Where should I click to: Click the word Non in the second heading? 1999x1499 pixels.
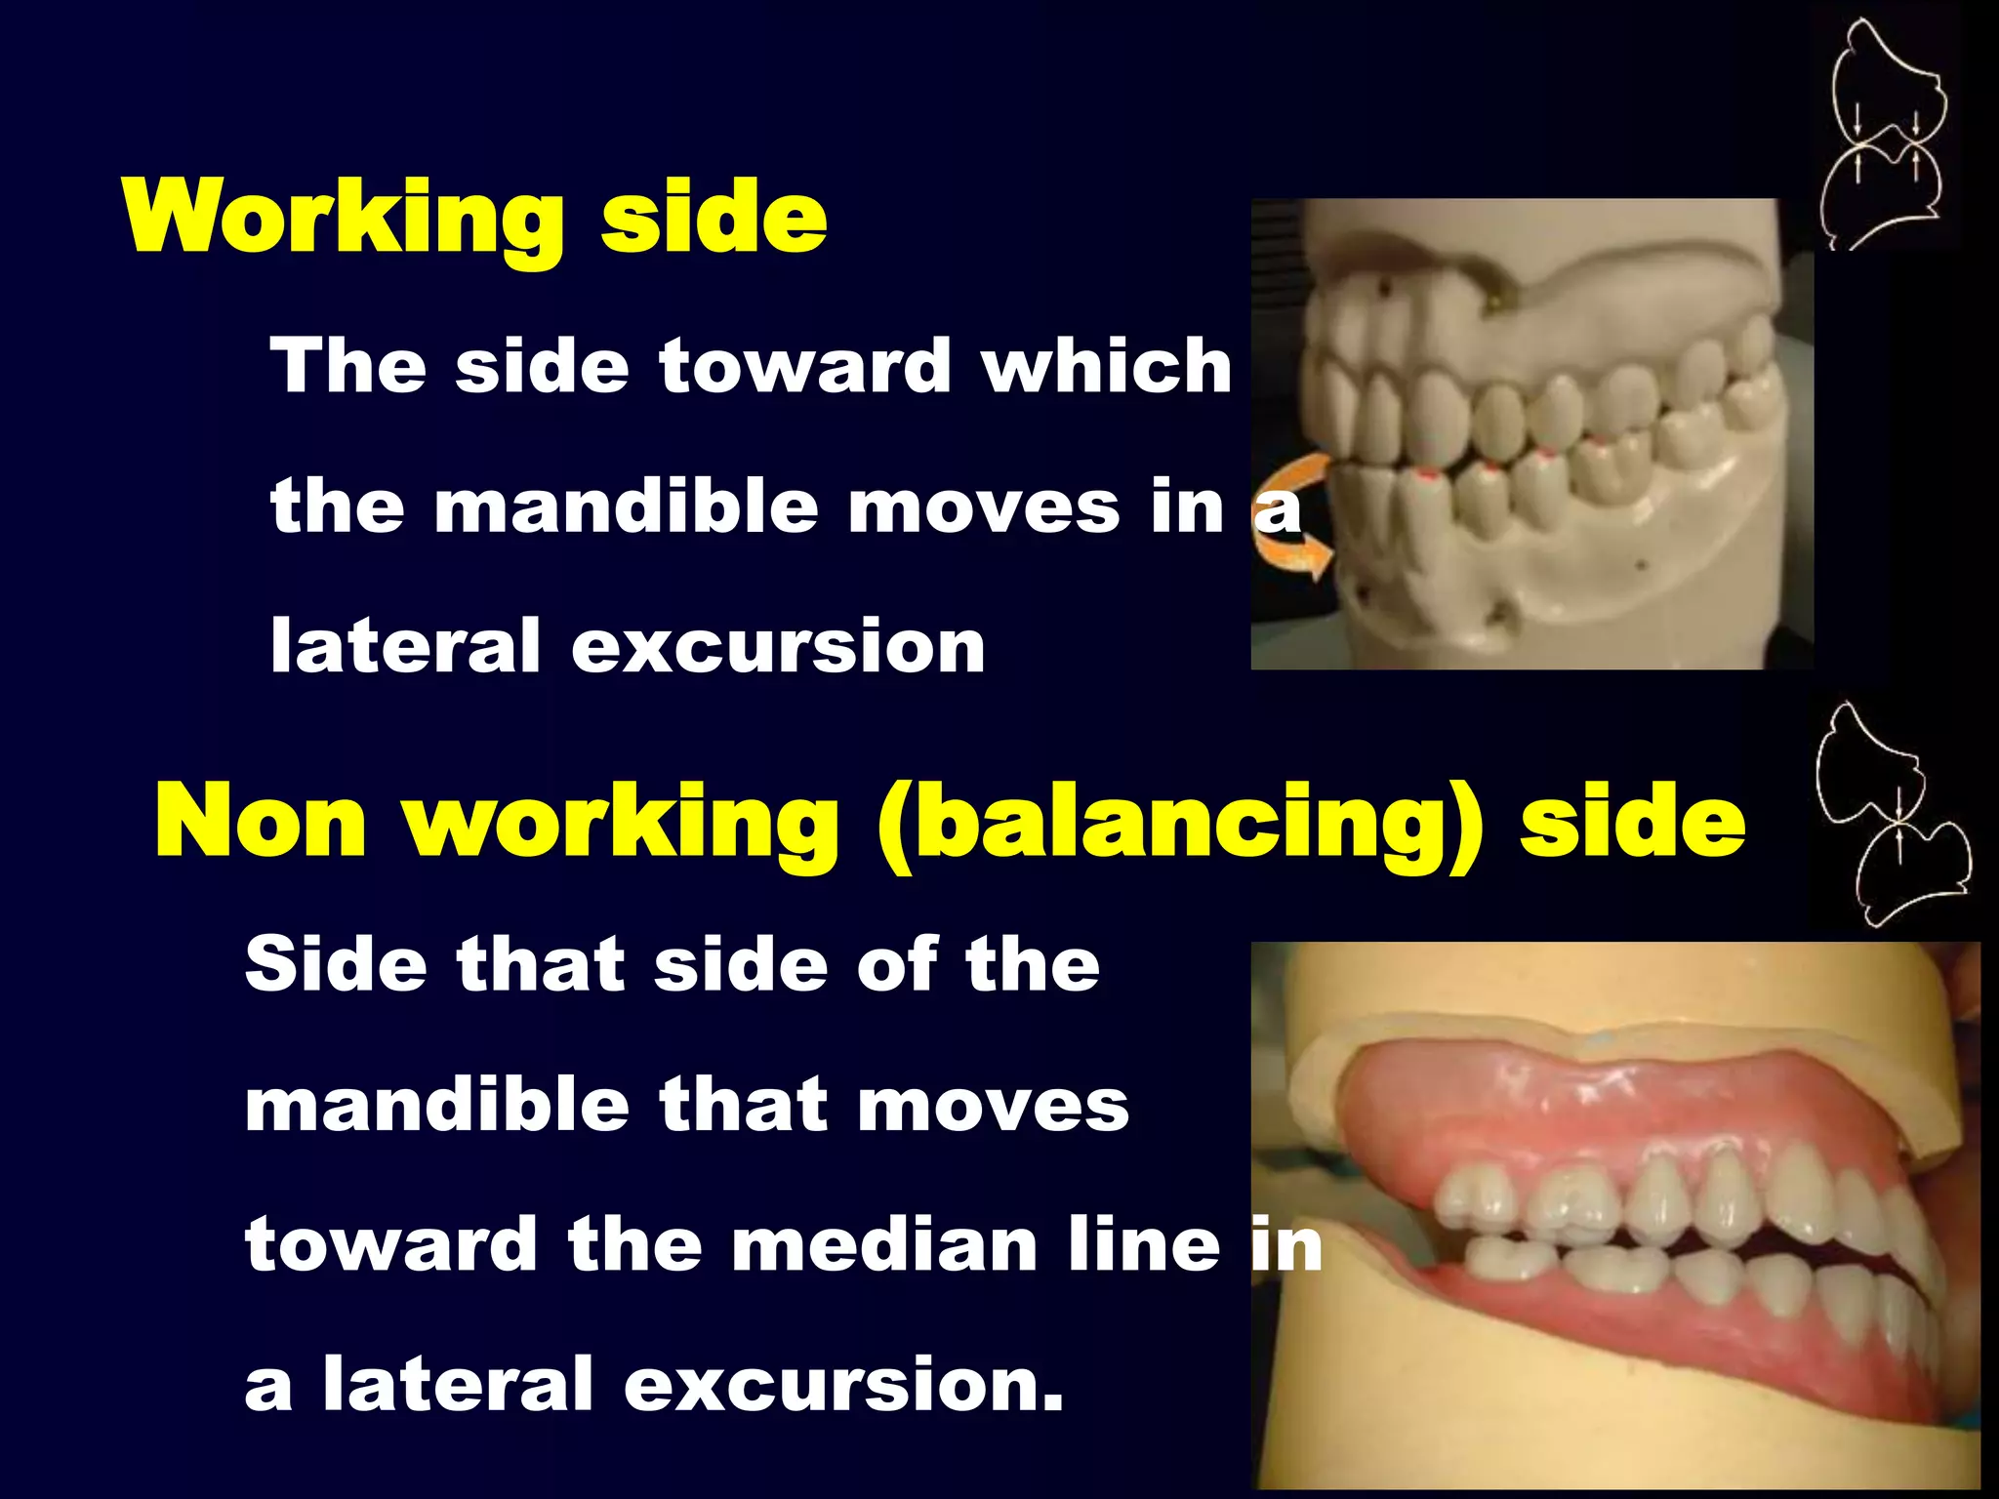(261, 823)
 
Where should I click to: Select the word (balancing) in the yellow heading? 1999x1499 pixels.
(1179, 823)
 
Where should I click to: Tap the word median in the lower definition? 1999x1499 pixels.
(884, 1246)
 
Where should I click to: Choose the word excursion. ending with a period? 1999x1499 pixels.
(843, 1385)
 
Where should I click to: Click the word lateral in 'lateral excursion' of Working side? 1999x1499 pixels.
(405, 647)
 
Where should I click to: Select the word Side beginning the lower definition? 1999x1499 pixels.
(336, 965)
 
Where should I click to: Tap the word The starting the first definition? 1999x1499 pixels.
(348, 366)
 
